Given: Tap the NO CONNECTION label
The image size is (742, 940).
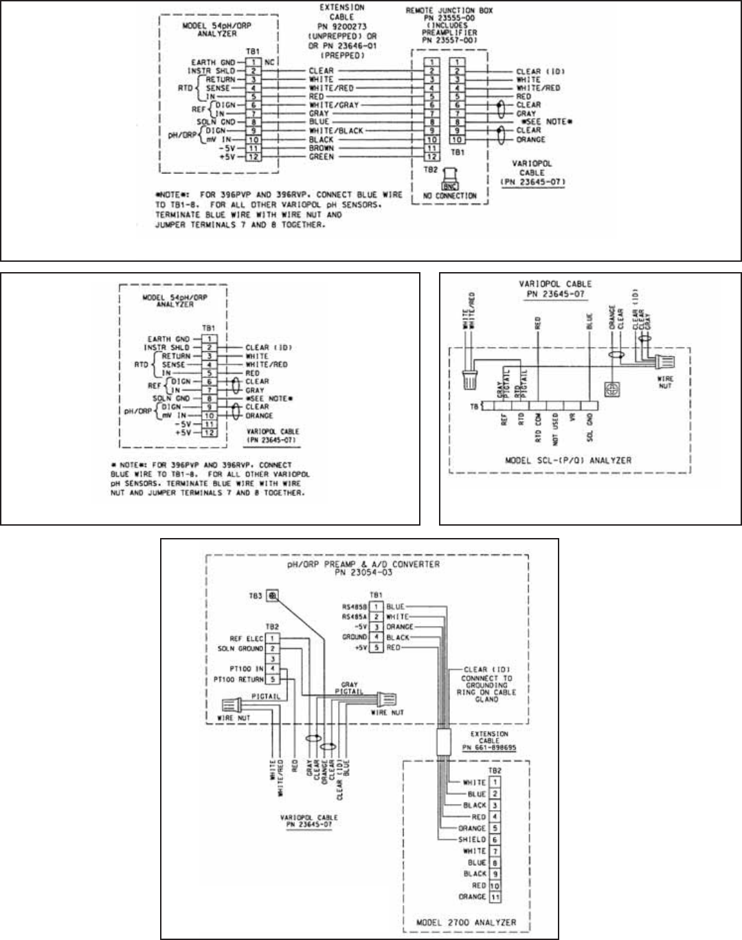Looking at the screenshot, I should pyautogui.click(x=450, y=196).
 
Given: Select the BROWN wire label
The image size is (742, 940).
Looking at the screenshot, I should pyautogui.click(x=322, y=148).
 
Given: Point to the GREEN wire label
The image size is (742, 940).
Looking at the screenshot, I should pyautogui.click(x=322, y=157).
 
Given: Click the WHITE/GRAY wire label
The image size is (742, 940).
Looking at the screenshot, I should pyautogui.click(x=333, y=105).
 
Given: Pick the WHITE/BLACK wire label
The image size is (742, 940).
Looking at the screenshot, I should pyautogui.click(x=336, y=131).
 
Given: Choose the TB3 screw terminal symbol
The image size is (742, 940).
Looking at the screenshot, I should pyautogui.click(x=273, y=596).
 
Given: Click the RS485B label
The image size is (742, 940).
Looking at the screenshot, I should pyautogui.click(x=355, y=607).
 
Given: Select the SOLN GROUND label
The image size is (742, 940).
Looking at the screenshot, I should pyautogui.click(x=241, y=649).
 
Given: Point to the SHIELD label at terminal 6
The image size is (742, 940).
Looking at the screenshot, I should pyautogui.click(x=472, y=840).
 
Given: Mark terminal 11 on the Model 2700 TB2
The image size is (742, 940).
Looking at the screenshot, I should pyautogui.click(x=495, y=897).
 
